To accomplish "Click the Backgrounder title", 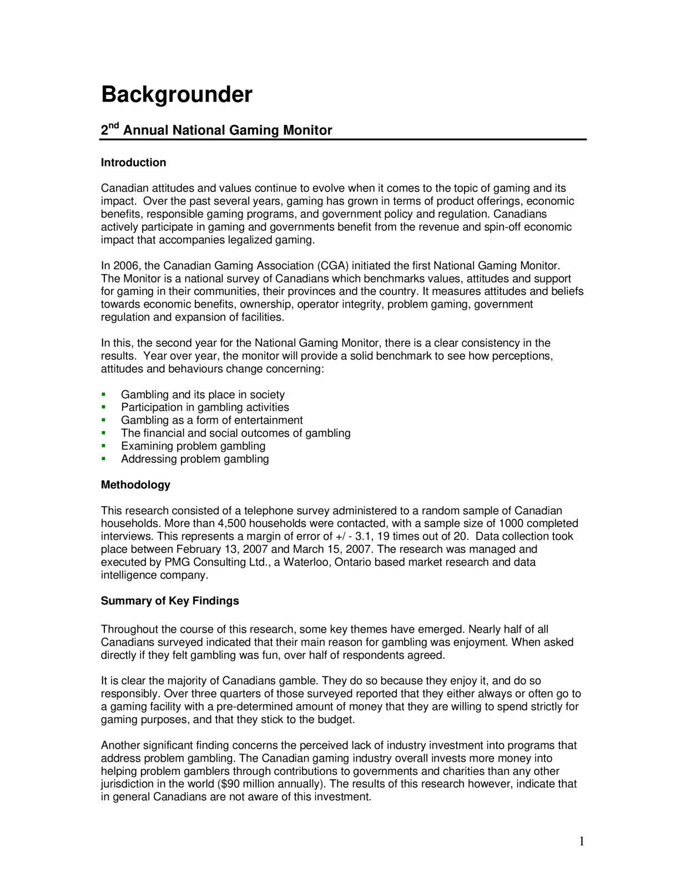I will point(176,95).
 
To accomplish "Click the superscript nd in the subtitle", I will point(114,126).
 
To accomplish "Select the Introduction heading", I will point(133,163).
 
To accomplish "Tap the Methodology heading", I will point(135,485).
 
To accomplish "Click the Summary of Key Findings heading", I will point(170,601).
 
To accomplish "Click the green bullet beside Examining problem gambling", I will point(103,446).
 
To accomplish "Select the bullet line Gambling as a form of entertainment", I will point(211,421).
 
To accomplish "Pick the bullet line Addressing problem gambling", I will point(195,460).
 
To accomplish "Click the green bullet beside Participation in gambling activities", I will point(103,407).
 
